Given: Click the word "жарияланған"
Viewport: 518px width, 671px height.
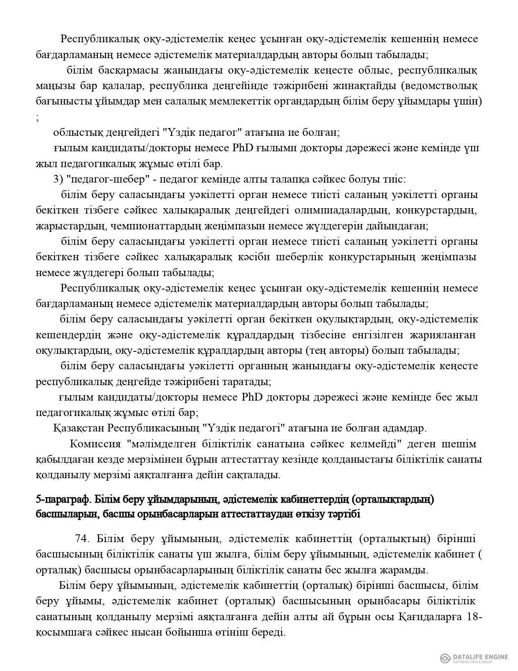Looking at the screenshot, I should [x=436, y=335].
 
